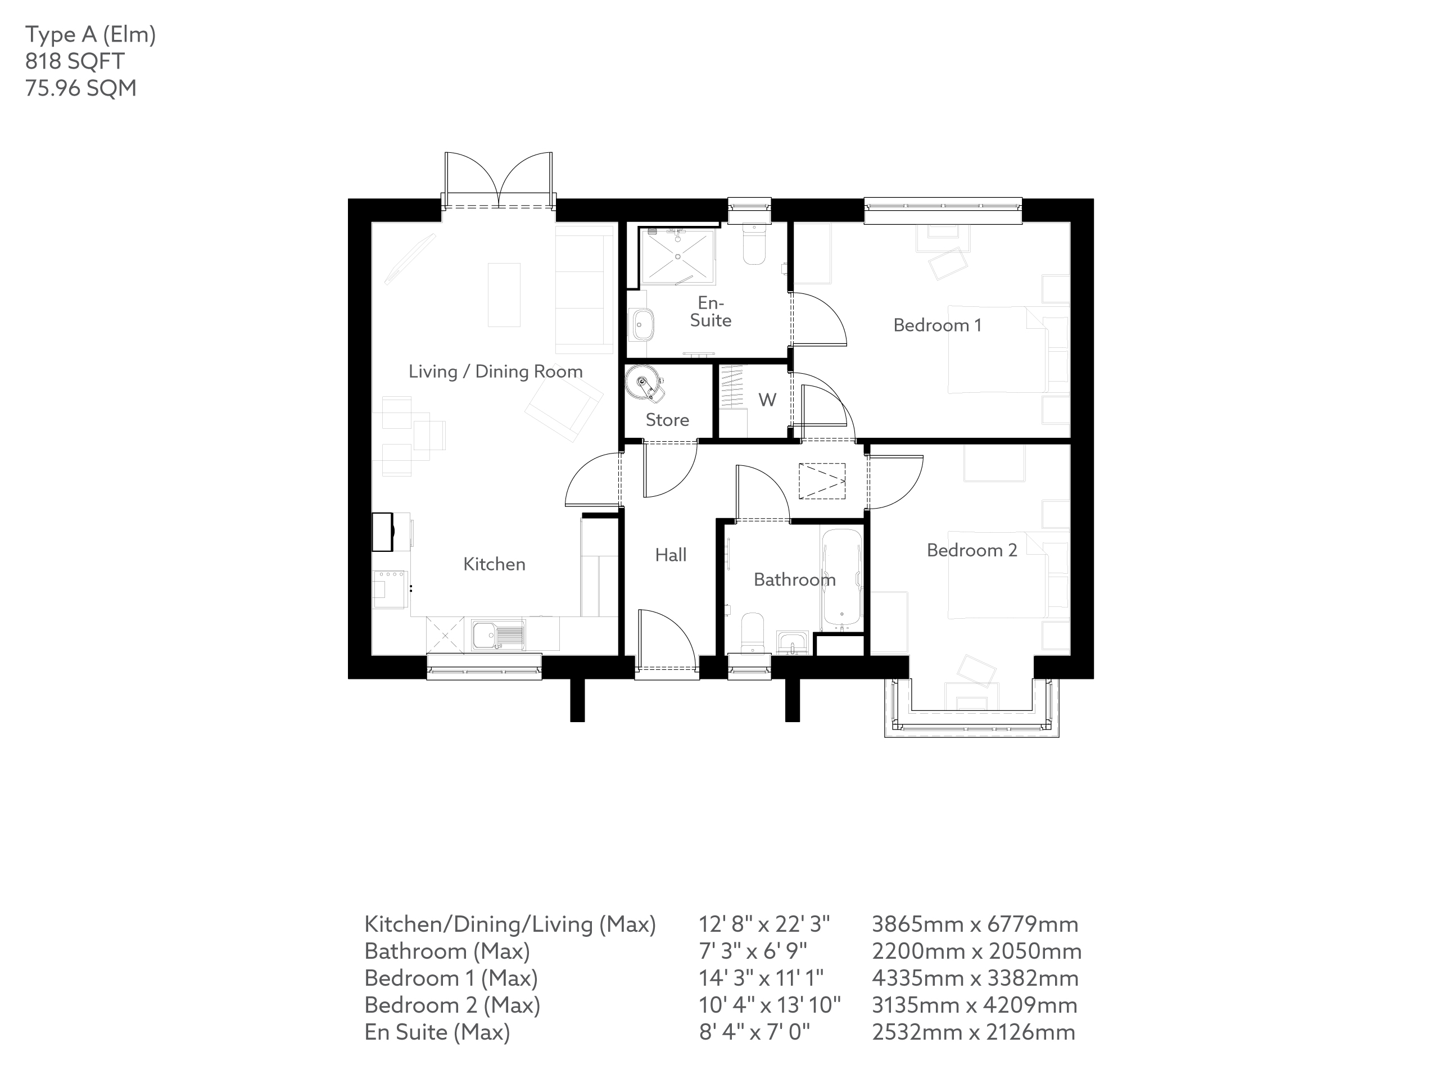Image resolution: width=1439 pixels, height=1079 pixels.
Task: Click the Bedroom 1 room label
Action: click(937, 325)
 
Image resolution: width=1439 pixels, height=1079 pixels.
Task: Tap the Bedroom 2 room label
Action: click(971, 550)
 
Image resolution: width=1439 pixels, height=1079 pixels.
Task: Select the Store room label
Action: click(667, 420)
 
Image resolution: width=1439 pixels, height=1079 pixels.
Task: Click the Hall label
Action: click(671, 555)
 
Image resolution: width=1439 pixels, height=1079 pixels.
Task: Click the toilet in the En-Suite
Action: click(754, 244)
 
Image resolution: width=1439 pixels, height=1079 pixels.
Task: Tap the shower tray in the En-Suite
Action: click(677, 256)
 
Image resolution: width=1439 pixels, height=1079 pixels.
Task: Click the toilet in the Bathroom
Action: click(753, 632)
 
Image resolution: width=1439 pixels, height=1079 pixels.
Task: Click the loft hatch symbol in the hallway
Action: click(822, 480)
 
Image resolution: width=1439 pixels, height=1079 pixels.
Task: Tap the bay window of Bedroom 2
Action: click(971, 723)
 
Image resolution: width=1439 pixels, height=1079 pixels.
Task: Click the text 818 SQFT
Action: click(74, 61)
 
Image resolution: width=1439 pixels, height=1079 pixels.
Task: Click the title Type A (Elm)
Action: click(90, 34)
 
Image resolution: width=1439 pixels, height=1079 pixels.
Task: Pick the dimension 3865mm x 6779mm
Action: click(975, 924)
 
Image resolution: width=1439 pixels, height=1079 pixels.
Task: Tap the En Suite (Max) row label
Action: click(437, 1032)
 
